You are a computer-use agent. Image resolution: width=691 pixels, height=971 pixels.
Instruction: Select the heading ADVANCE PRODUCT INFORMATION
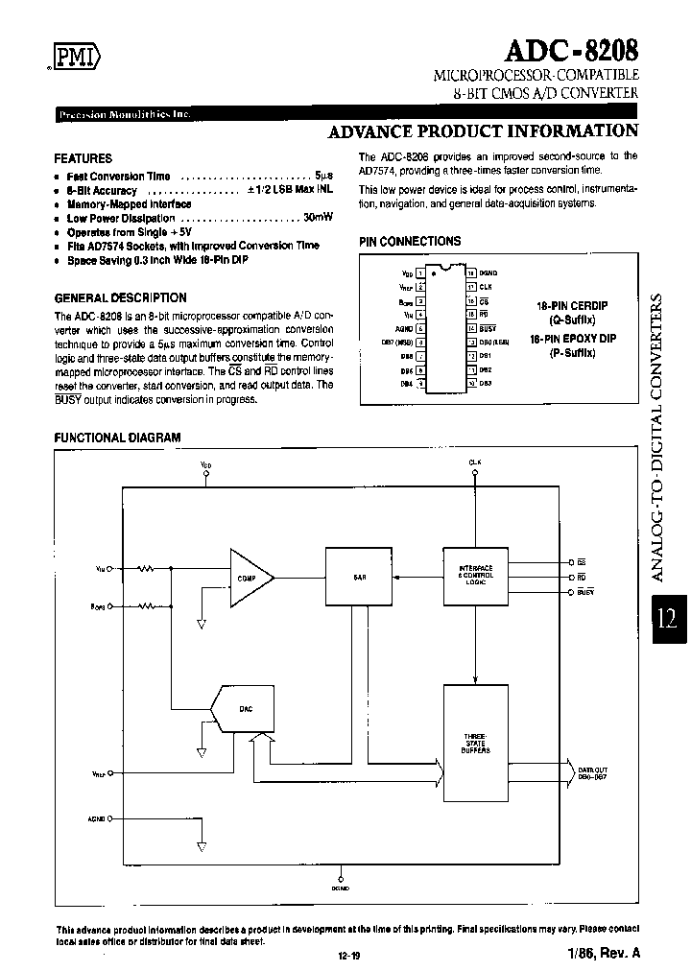[x=482, y=131]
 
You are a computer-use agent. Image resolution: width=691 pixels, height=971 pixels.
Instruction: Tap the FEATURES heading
[x=83, y=158]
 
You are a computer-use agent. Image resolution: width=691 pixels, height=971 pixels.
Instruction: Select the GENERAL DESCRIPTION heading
[x=120, y=298]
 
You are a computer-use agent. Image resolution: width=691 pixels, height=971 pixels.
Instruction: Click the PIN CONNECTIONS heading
[x=410, y=242]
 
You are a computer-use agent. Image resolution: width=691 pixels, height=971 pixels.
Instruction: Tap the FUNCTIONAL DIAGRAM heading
[x=117, y=438]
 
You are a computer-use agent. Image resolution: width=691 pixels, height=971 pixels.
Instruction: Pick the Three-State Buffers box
[x=474, y=743]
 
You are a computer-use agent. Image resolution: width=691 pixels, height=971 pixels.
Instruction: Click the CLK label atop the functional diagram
[x=474, y=462]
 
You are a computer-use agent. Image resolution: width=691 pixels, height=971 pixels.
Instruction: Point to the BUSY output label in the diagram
[x=585, y=593]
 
